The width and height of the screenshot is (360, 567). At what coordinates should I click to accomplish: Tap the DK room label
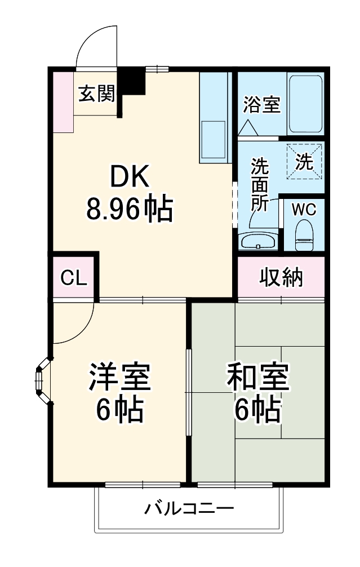coord(129,179)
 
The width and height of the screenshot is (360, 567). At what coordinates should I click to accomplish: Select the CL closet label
coord(74,277)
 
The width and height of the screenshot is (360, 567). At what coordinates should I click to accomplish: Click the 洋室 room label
coord(119,378)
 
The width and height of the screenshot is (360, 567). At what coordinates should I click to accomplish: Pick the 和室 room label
coord(258,378)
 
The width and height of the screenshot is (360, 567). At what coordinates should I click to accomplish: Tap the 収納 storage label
coord(281,277)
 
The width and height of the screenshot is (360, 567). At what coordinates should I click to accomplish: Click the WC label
coord(304,209)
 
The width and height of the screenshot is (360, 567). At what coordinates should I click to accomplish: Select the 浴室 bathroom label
coord(261,105)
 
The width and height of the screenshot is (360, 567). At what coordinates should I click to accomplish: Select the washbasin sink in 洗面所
coord(258,241)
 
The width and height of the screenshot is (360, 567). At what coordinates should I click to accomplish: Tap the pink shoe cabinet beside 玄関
coord(63,101)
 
